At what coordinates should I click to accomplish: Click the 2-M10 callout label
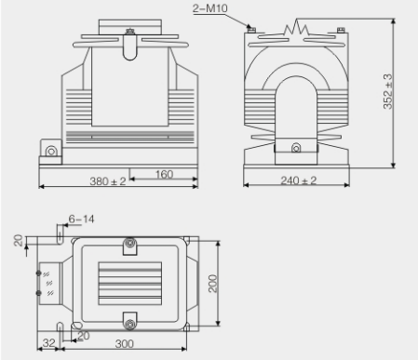(209, 8)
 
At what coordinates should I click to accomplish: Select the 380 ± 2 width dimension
(108, 181)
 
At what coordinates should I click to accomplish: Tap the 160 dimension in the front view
(164, 174)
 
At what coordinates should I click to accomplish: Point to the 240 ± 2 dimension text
(298, 180)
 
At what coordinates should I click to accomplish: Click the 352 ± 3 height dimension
(388, 91)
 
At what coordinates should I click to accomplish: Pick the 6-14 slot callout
(81, 220)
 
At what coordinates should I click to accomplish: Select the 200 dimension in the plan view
(213, 284)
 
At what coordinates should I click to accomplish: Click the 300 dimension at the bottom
(125, 343)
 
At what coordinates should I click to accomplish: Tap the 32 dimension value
(49, 342)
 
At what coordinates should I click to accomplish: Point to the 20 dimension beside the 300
(84, 336)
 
